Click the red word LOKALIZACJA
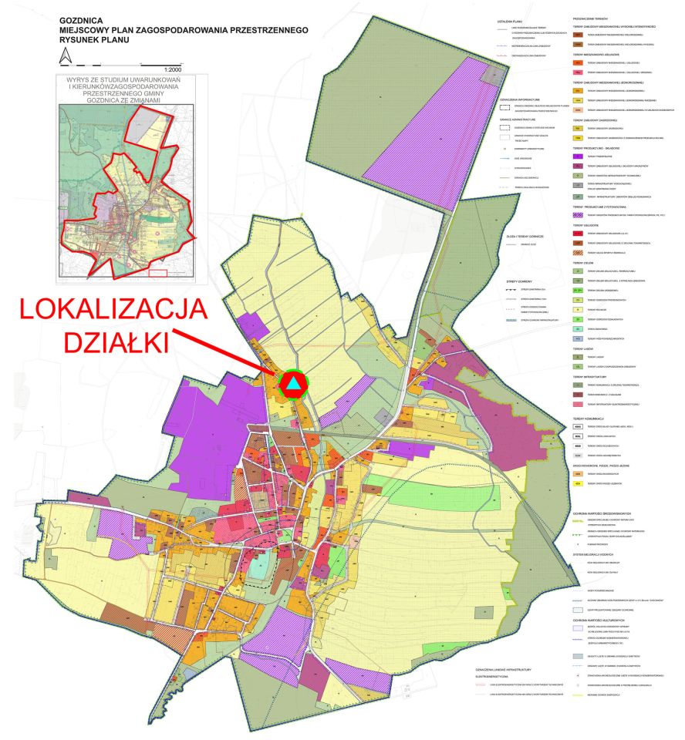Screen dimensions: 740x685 113,309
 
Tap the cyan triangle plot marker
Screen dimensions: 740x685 293,383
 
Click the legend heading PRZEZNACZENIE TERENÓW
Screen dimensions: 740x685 593,15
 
